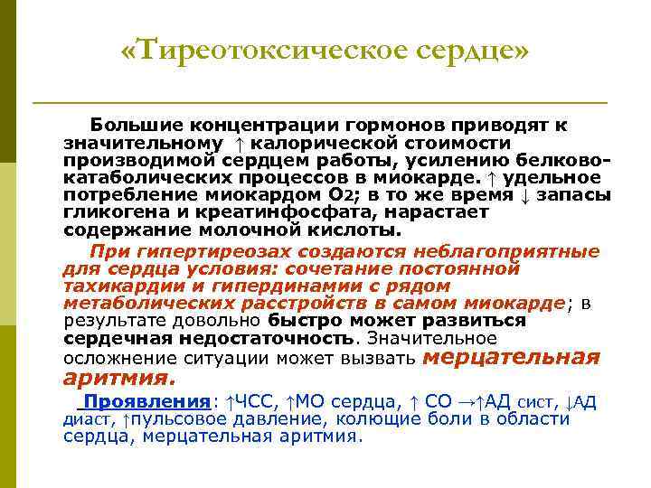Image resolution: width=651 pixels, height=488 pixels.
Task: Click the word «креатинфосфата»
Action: pyautogui.click(x=247, y=212)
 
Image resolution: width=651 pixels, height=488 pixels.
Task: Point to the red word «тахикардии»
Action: pyautogui.click(x=109, y=285)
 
